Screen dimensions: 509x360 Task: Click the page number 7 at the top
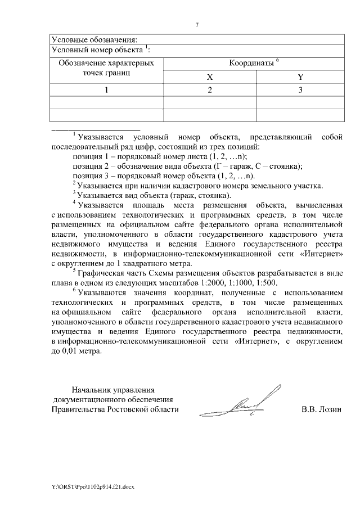pyautogui.click(x=197, y=25)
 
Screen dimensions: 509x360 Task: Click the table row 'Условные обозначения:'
pyautogui.click(x=94, y=40)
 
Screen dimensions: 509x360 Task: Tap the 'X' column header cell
pyautogui.click(x=209, y=78)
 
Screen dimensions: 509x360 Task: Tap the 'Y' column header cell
pyautogui.click(x=300, y=78)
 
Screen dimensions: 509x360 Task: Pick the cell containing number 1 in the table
pyautogui.click(x=106, y=90)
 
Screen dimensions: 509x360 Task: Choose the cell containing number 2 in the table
pyautogui.click(x=209, y=90)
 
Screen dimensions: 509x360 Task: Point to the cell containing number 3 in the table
pyautogui.click(x=300, y=90)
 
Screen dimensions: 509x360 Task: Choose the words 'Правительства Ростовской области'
pyautogui.click(x=115, y=409)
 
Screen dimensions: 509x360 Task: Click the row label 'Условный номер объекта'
pyautogui.click(x=98, y=50)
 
